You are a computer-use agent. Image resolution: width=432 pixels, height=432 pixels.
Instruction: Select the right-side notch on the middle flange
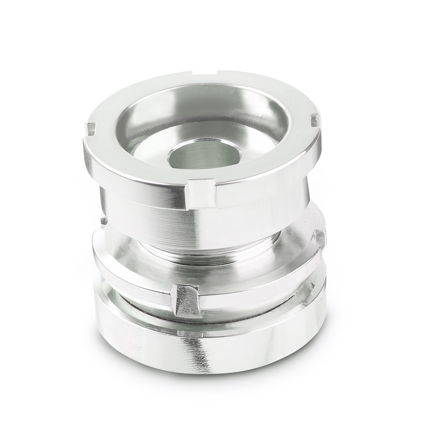(x=321, y=240)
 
